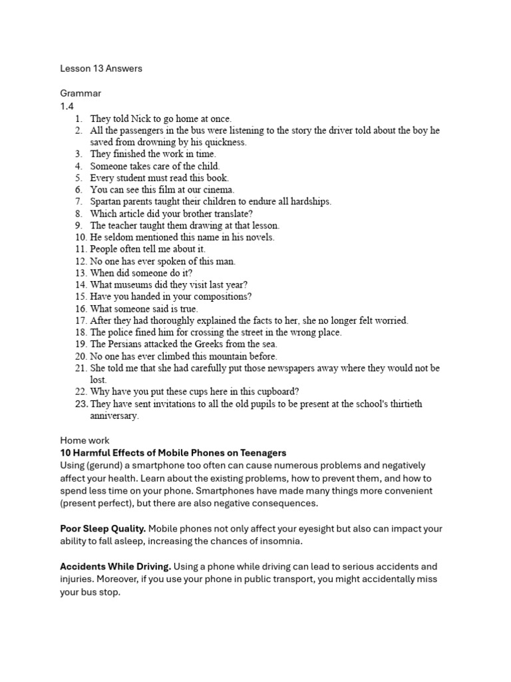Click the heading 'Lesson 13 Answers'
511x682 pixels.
[x=101, y=68]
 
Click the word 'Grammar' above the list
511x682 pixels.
[x=81, y=93]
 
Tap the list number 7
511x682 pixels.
[x=78, y=201]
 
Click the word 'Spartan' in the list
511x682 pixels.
[x=106, y=201]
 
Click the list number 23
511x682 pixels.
[x=81, y=404]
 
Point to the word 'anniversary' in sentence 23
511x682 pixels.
[x=114, y=416]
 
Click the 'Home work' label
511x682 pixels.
[x=85, y=440]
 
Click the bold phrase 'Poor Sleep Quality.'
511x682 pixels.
[x=102, y=529]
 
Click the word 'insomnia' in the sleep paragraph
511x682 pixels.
[x=282, y=541]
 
